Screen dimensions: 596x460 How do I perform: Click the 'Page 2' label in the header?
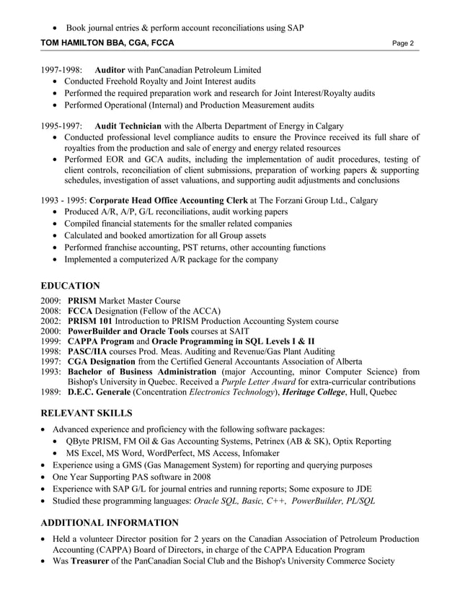pos(403,43)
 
